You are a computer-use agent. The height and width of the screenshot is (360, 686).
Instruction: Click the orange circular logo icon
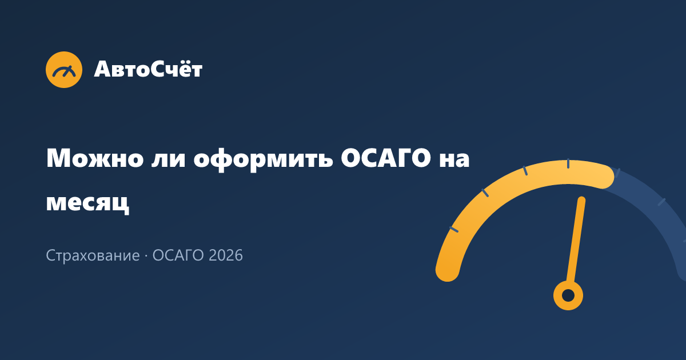click(x=64, y=70)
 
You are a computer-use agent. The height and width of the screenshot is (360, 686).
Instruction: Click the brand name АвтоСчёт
click(x=148, y=69)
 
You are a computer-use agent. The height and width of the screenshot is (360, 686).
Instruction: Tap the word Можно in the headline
click(x=95, y=158)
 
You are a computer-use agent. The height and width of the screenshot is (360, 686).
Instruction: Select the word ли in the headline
click(x=169, y=160)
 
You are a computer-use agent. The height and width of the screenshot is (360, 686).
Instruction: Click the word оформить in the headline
click(x=264, y=160)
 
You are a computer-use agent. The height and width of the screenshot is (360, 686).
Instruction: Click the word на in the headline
click(x=454, y=160)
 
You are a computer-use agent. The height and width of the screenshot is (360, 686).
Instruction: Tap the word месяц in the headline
click(x=87, y=203)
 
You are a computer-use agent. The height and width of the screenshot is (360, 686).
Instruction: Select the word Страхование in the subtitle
click(x=93, y=255)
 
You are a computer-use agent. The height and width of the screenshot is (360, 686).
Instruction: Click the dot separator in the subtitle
click(x=146, y=255)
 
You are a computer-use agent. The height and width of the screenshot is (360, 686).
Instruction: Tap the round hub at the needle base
click(x=568, y=295)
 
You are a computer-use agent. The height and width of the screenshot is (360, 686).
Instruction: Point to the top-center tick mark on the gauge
click(x=568, y=163)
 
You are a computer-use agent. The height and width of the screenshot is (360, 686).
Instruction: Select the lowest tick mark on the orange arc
click(x=454, y=229)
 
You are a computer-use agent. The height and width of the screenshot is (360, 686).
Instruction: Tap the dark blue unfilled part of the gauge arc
click(x=655, y=208)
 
